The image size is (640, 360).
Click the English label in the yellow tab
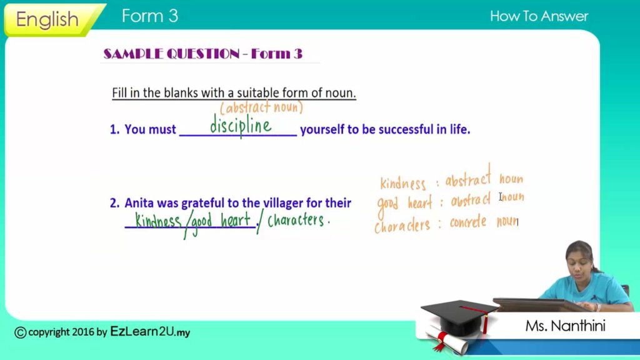click(x=47, y=19)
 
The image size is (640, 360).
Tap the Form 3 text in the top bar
click(x=150, y=16)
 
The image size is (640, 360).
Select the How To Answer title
click(x=539, y=16)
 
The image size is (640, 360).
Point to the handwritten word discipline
click(x=241, y=125)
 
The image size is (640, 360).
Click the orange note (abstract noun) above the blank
click(x=261, y=107)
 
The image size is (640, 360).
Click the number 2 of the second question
click(x=114, y=203)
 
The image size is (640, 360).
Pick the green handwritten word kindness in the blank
click(x=158, y=221)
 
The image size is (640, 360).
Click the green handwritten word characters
click(x=296, y=220)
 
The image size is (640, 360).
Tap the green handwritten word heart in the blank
click(x=236, y=221)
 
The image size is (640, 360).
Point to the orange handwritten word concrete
click(x=468, y=222)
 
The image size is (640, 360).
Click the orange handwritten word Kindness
click(x=403, y=183)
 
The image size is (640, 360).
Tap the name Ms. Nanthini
click(x=565, y=326)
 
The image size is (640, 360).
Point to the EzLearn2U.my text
click(x=150, y=331)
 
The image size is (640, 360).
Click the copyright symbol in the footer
click(x=21, y=332)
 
